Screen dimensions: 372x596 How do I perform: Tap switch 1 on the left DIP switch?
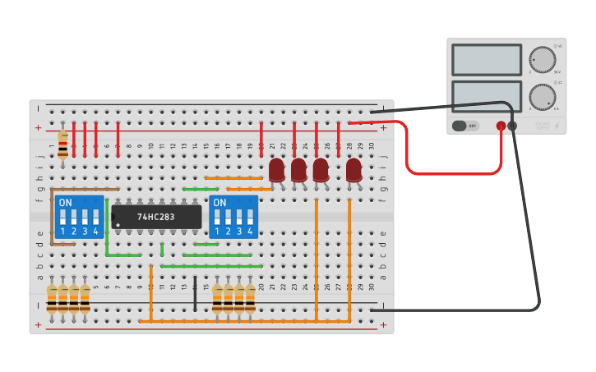62,218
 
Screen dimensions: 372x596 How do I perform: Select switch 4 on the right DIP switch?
250,218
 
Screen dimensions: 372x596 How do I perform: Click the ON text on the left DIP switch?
66,202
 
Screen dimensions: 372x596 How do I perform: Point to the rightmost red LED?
353,170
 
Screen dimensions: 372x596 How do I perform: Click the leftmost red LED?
277,170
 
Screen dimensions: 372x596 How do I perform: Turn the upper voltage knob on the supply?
542,59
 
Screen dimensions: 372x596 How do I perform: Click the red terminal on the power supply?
501,126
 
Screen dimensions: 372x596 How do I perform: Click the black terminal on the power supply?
513,126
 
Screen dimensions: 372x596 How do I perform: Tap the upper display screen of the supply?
487,59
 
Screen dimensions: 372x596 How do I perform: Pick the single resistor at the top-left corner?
63,145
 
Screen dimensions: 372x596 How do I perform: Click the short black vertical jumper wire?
195,293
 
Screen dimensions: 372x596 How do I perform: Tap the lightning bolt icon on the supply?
557,126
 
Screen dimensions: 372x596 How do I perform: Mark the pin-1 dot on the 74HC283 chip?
118,224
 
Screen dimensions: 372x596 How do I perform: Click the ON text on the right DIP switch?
219,202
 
